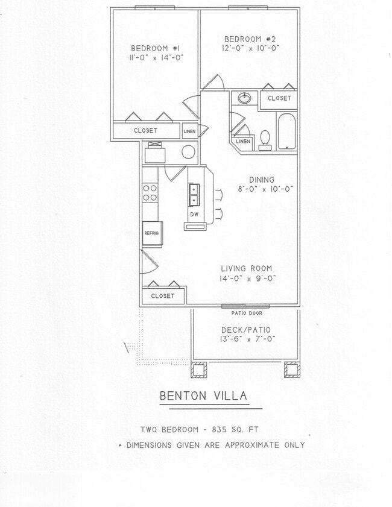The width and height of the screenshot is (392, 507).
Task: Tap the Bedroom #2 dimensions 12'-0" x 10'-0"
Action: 249,48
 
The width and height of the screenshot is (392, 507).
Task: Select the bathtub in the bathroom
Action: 286,131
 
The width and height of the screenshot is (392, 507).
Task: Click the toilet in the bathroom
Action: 264,139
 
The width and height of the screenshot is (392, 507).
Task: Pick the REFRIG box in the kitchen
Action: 151,233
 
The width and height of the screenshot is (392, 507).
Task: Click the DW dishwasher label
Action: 194,214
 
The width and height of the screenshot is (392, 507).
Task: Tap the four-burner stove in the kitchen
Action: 149,192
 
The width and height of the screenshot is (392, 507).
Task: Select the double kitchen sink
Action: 194,195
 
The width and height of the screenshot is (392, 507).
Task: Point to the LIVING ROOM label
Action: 246,268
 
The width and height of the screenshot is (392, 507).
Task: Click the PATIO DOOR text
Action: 247,313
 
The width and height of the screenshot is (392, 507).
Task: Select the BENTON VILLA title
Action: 203,396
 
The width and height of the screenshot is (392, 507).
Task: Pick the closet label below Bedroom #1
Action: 145,130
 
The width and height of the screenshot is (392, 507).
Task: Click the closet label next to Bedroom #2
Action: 279,98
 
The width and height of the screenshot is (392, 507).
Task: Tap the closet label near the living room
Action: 163,296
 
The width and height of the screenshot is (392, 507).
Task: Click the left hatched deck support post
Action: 199,370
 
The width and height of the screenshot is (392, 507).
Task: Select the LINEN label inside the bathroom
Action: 242,141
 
